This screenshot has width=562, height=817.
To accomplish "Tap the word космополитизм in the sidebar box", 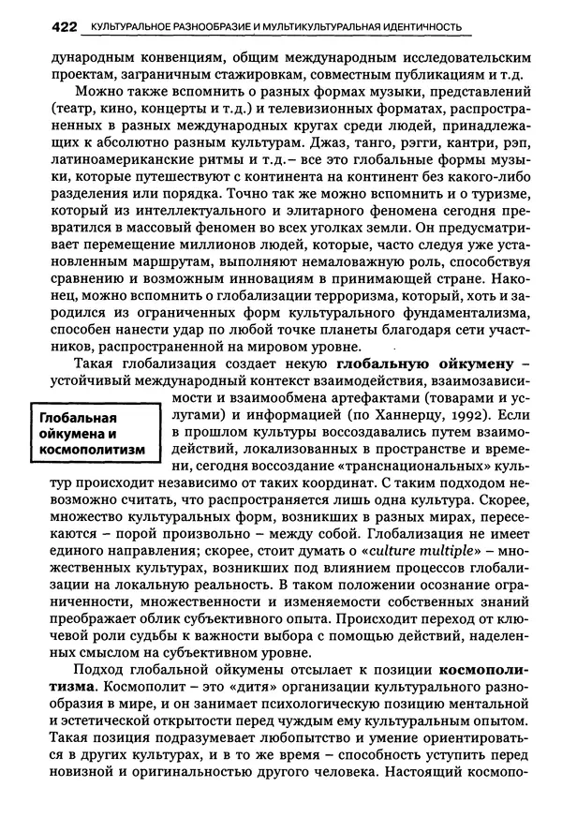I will pyautogui.click(x=91, y=450).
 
